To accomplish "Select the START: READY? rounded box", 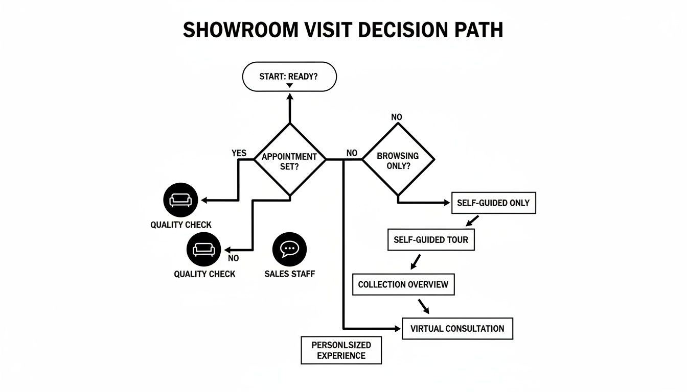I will point(289,77).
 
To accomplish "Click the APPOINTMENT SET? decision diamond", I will point(289,160).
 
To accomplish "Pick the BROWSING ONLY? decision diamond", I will point(398,160).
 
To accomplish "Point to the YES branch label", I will point(239,153).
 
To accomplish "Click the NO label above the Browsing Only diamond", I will point(397,117).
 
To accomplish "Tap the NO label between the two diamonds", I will point(352,153).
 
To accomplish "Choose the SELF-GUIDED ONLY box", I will point(493,203).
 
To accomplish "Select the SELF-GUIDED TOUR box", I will point(431,239).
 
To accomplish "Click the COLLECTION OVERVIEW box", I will point(403,284).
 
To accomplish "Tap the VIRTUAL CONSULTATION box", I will point(457,329).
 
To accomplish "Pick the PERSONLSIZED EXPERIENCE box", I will point(341,350).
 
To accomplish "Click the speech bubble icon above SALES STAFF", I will point(289,248).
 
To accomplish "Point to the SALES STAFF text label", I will point(289,274).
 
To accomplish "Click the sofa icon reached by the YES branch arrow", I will point(180,200).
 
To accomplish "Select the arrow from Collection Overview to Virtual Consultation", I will point(423,306).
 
